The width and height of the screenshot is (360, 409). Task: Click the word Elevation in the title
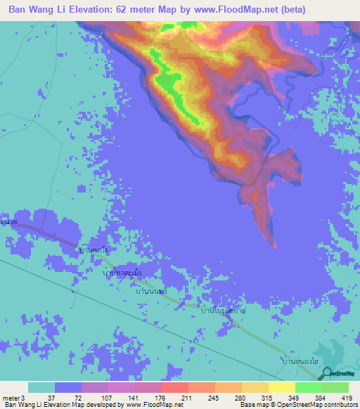pyautogui.click(x=98, y=10)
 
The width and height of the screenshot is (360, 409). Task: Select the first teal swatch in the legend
pyautogui.click(x=41, y=387)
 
